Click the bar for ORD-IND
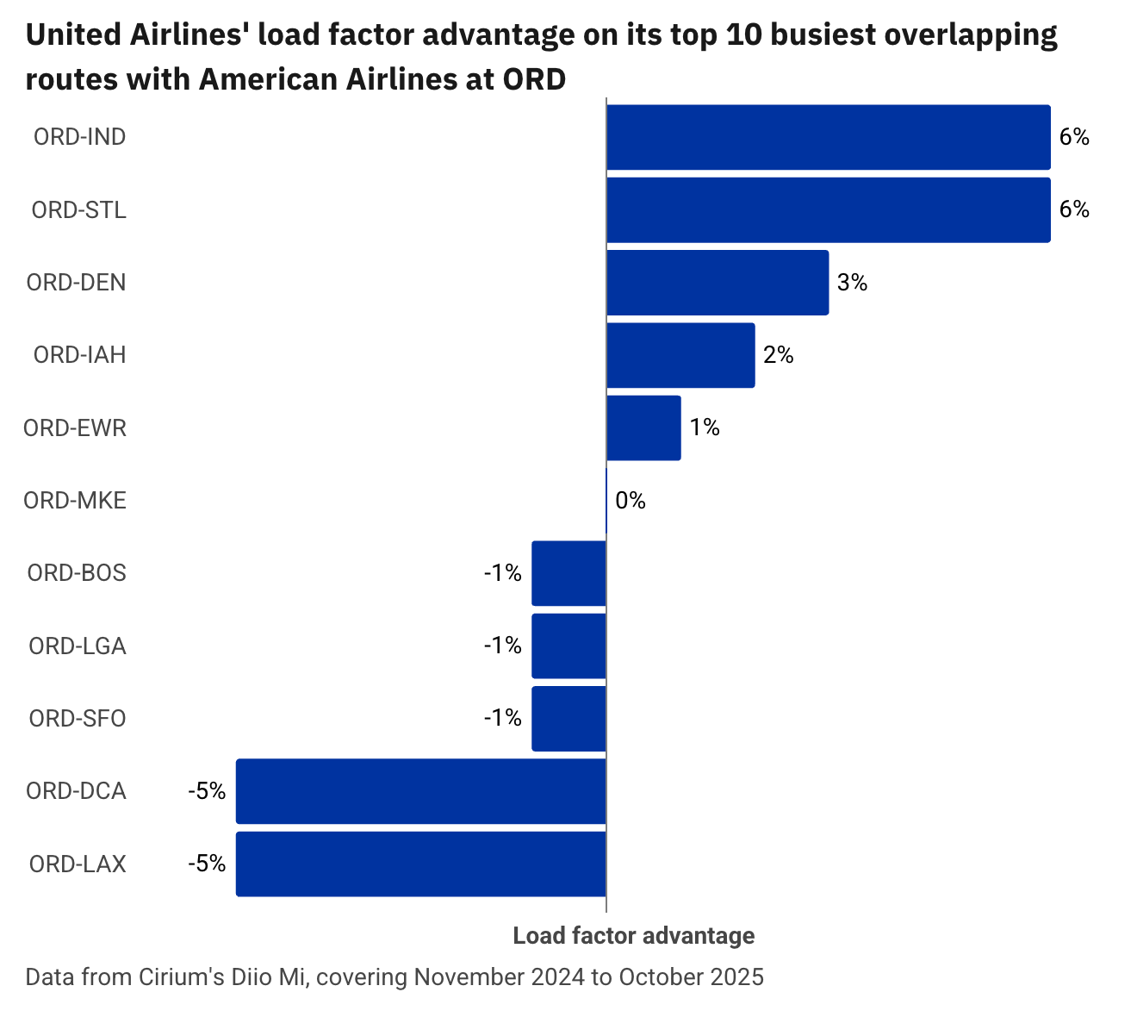(828, 137)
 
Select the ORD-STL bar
(828, 209)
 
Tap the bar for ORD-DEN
(718, 283)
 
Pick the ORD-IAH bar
(680, 355)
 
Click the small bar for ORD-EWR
(643, 427)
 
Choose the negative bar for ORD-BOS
(568, 573)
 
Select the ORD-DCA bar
(420, 791)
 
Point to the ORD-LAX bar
(420, 864)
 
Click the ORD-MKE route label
(75, 501)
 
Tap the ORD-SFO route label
(78, 719)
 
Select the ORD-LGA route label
(78, 646)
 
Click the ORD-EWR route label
(75, 428)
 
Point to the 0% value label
(631, 501)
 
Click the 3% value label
(852, 283)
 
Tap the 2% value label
(778, 355)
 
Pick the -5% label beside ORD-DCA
(207, 791)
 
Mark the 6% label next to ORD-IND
(1074, 137)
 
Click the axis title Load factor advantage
(634, 936)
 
